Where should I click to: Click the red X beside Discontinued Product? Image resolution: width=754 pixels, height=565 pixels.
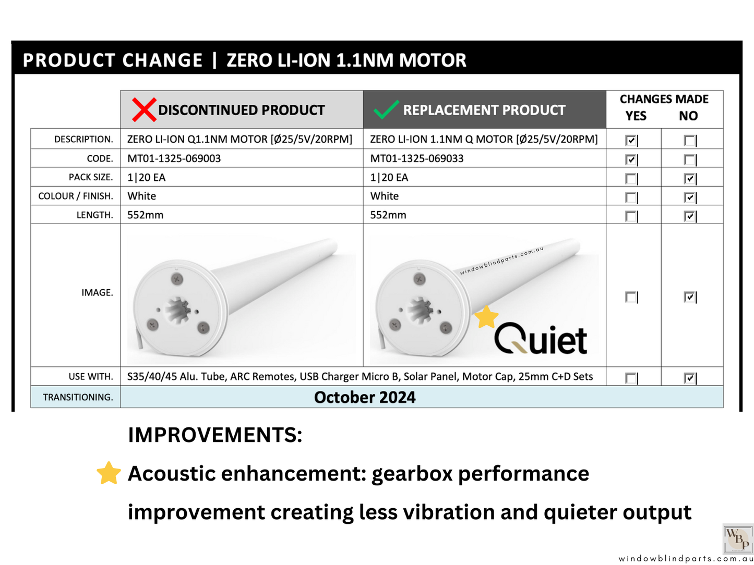[x=144, y=110]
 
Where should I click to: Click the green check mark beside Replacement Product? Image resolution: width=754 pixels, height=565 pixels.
[x=386, y=109]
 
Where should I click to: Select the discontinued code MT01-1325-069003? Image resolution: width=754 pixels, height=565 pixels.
[x=174, y=158]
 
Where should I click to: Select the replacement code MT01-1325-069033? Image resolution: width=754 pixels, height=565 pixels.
[x=417, y=158]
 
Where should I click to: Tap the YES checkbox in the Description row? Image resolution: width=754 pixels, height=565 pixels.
[x=631, y=140]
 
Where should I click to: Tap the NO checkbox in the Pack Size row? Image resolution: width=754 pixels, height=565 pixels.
[x=689, y=178]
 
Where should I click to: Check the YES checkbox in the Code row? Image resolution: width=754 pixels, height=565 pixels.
[x=631, y=159]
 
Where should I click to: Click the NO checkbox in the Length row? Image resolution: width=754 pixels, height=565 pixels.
[x=689, y=216]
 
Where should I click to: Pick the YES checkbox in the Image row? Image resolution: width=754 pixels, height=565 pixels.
[x=631, y=297]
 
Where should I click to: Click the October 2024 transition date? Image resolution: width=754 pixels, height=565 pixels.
[x=365, y=397]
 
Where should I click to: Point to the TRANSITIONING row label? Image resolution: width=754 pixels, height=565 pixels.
[x=78, y=397]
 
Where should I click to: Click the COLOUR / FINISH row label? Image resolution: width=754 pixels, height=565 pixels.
[x=76, y=196]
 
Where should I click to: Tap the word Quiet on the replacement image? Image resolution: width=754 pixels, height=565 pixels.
[x=541, y=339]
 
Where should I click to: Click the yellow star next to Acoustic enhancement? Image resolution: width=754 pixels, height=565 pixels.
[x=109, y=473]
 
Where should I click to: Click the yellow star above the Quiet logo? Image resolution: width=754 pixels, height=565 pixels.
[x=486, y=317]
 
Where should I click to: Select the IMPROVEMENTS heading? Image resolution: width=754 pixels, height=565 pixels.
[x=215, y=435]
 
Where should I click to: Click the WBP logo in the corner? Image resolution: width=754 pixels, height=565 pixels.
[x=738, y=538]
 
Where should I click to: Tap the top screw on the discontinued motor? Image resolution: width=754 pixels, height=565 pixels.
[x=177, y=279]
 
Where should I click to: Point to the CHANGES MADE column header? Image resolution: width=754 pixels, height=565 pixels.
[x=664, y=99]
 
